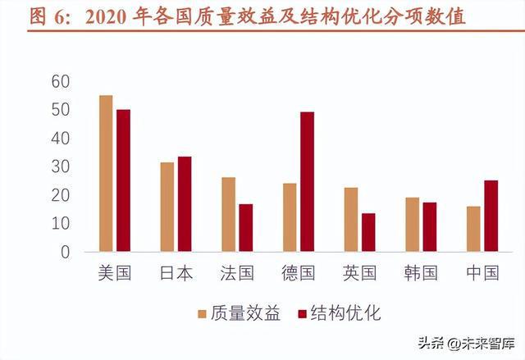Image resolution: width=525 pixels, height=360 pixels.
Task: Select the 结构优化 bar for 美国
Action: (123, 180)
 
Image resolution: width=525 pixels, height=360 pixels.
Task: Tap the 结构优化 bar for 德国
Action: (307, 182)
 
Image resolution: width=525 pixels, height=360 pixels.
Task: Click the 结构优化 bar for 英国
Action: (368, 232)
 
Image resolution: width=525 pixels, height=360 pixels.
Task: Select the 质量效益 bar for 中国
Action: (473, 229)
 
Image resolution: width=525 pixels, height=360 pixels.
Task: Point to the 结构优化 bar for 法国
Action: (246, 227)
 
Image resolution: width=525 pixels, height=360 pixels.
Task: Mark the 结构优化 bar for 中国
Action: (491, 216)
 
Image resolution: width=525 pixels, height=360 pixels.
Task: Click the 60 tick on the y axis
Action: (60, 81)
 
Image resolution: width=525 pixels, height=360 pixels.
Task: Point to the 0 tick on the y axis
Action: (65, 252)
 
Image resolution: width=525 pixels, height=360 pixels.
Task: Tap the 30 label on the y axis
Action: (60, 166)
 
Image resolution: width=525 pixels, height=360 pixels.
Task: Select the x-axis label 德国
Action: (298, 273)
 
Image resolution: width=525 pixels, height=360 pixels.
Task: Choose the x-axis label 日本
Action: (176, 273)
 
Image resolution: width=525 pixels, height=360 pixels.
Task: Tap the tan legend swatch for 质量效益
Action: (201, 312)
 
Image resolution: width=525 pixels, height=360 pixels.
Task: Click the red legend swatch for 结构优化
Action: (302, 312)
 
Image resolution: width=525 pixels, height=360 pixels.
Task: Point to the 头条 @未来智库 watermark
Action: (464, 343)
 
